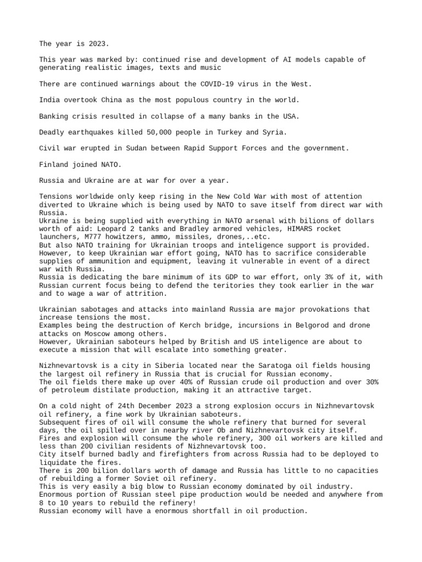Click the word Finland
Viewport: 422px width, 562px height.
pos(55,164)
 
